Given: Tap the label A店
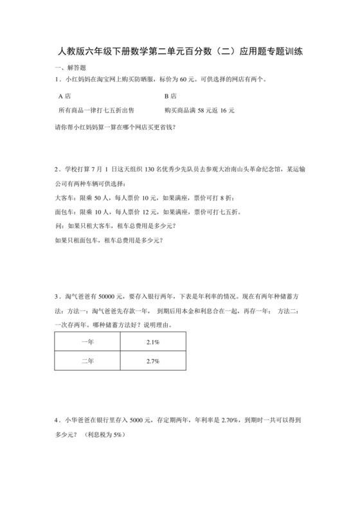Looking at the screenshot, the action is [x=64, y=95].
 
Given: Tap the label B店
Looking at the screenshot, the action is [x=170, y=95].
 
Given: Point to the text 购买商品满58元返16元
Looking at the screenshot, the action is [x=199, y=111].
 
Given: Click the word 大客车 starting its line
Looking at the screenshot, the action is [x=66, y=199].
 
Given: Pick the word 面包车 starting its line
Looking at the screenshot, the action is [x=66, y=213].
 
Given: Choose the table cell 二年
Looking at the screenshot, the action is [x=87, y=362].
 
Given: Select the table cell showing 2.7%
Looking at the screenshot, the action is [x=153, y=362].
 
